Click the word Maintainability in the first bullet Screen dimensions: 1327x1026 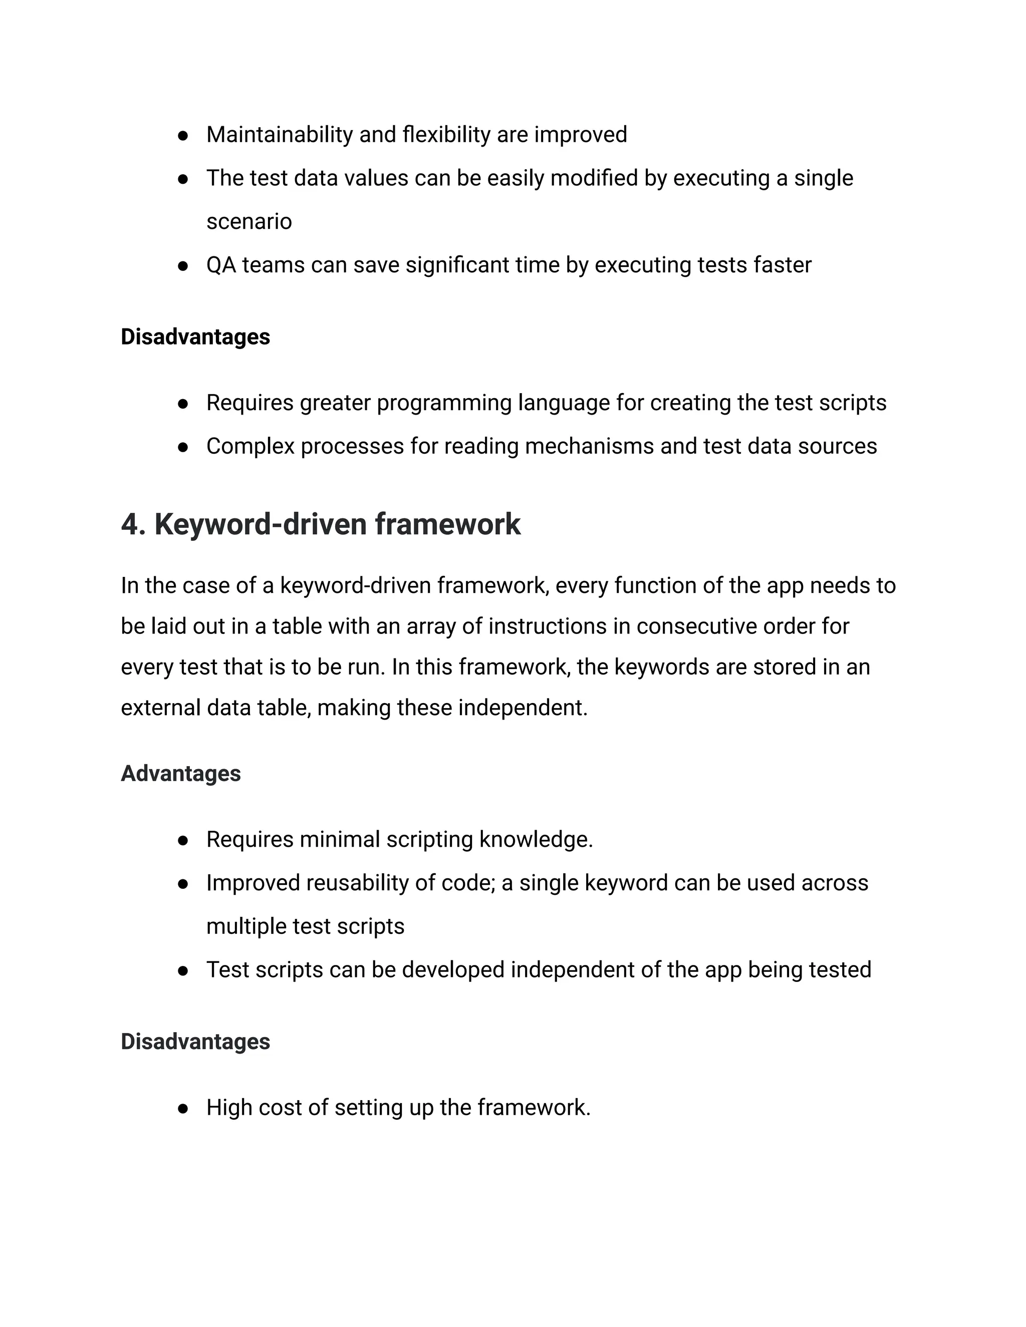(279, 135)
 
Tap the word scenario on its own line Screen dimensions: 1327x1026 (248, 222)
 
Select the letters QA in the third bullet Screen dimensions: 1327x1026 (220, 265)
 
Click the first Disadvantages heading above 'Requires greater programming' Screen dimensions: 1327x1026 (195, 337)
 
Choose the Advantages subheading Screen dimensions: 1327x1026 (180, 774)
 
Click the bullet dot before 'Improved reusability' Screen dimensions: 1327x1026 (182, 884)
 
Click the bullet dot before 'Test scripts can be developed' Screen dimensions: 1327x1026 (182, 971)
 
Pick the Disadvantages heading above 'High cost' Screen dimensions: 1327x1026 (195, 1042)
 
